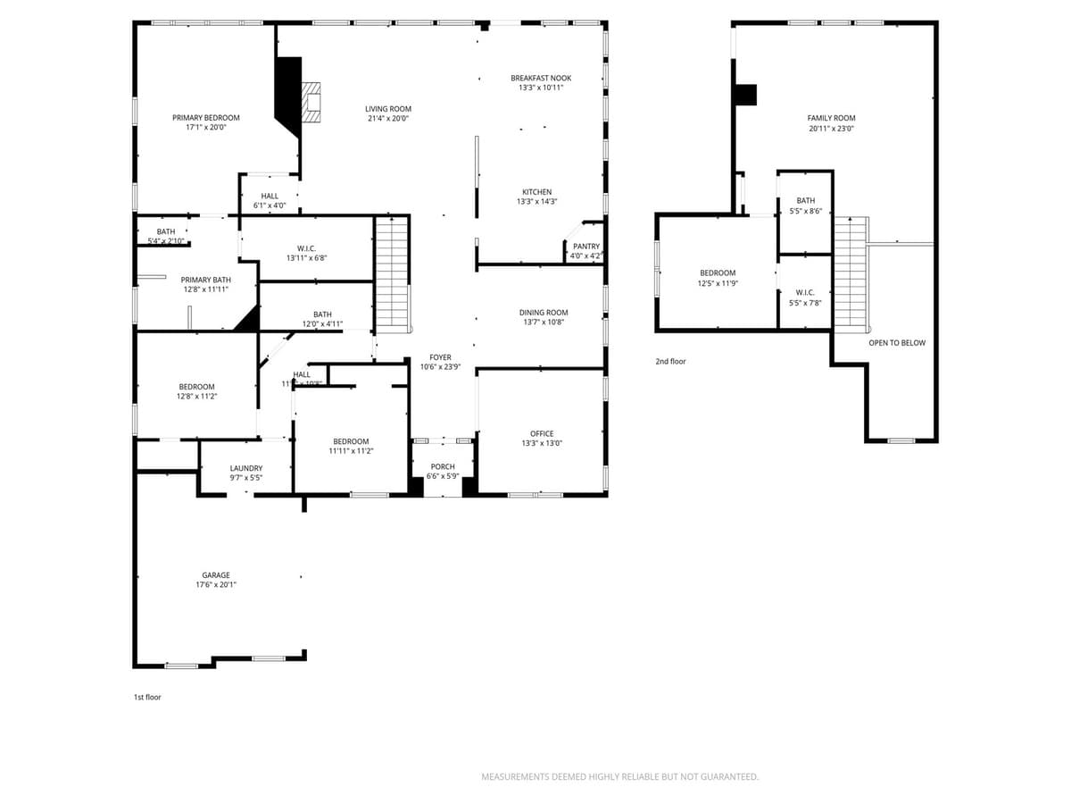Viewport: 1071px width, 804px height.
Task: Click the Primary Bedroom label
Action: (x=206, y=118)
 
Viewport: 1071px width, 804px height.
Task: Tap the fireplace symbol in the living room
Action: (x=310, y=101)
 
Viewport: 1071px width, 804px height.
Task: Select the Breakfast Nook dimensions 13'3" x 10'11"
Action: (x=541, y=88)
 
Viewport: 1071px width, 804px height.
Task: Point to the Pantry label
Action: (x=586, y=247)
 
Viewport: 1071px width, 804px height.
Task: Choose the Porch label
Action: (x=443, y=466)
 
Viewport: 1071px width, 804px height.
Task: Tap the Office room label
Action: (x=542, y=434)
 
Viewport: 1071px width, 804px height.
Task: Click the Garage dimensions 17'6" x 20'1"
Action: (x=216, y=585)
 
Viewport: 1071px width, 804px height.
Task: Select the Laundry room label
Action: (x=246, y=468)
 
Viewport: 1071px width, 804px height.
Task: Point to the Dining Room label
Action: (x=544, y=313)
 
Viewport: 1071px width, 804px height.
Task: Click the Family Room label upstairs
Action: (x=831, y=118)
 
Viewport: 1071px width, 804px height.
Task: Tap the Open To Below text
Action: (x=897, y=343)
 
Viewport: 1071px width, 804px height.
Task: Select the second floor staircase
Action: (x=851, y=273)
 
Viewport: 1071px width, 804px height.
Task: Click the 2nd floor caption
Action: (x=670, y=362)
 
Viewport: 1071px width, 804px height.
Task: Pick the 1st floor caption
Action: (x=147, y=697)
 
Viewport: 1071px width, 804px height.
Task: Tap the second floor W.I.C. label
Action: (x=805, y=292)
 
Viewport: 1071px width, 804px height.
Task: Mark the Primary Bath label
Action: (x=205, y=280)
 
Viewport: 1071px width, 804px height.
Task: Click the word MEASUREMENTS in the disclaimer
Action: (x=515, y=777)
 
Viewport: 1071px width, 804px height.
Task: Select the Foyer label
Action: (x=440, y=357)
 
